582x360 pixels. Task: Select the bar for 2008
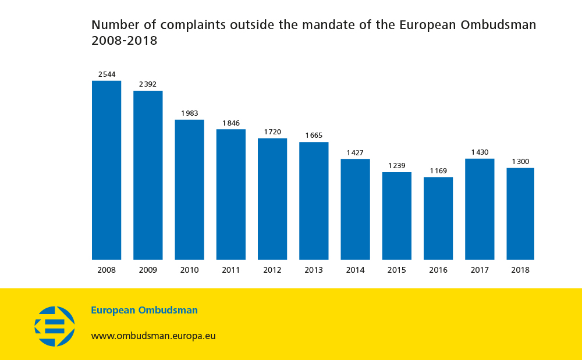(x=107, y=170)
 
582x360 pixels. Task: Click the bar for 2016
(x=438, y=218)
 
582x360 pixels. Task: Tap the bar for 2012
(x=272, y=199)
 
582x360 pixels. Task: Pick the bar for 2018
(x=520, y=213)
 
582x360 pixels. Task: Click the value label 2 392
(x=148, y=84)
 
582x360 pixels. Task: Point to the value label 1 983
(x=190, y=113)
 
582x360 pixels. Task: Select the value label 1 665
(x=314, y=136)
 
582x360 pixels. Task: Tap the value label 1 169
(x=438, y=170)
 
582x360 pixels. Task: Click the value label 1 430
(x=480, y=152)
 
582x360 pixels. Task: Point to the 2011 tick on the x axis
(x=231, y=270)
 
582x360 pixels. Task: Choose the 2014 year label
(x=355, y=270)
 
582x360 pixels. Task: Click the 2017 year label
(x=480, y=270)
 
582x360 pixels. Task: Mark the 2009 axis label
(x=148, y=270)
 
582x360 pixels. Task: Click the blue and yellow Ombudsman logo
(x=55, y=326)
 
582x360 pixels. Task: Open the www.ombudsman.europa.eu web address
(x=153, y=336)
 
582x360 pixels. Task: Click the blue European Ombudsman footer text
(x=144, y=311)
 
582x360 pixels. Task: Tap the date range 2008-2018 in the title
(x=125, y=41)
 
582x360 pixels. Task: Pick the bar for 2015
(x=397, y=216)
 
